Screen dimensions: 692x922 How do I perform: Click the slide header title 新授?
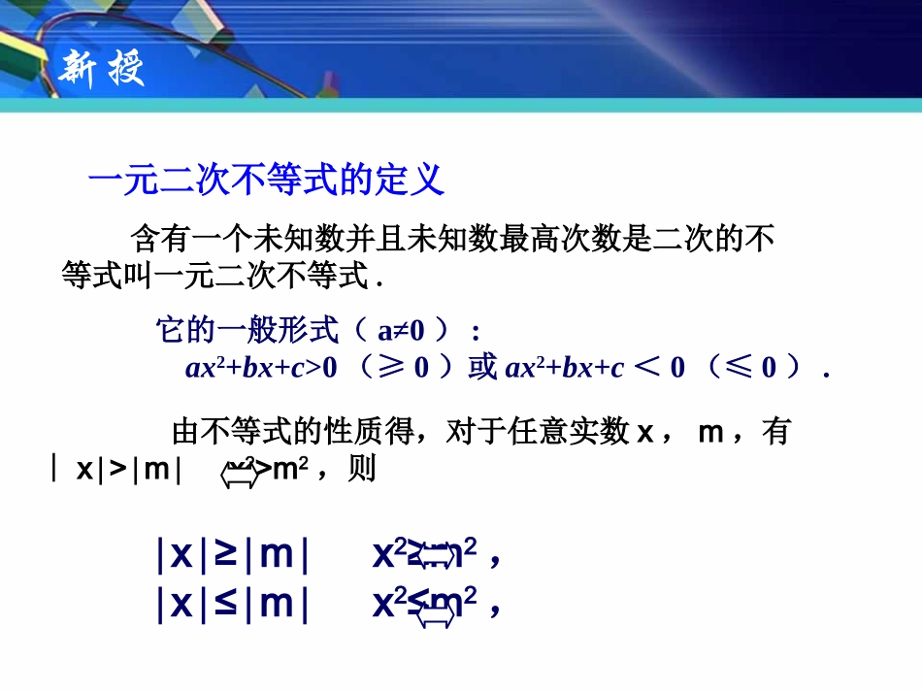click(x=102, y=69)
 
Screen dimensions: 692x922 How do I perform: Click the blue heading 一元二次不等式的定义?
click(x=266, y=180)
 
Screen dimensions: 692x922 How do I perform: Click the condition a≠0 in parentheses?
click(x=401, y=331)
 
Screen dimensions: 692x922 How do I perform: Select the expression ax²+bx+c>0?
click(x=260, y=368)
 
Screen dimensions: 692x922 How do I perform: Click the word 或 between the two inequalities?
click(x=483, y=368)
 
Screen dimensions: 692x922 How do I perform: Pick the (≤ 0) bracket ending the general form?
click(x=756, y=368)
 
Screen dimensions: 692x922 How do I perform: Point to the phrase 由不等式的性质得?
click(x=287, y=431)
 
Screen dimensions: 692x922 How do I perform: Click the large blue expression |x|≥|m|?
click(x=232, y=555)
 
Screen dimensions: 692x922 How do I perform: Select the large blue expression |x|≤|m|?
click(x=232, y=604)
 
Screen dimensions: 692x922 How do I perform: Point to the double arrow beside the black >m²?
click(x=240, y=473)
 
